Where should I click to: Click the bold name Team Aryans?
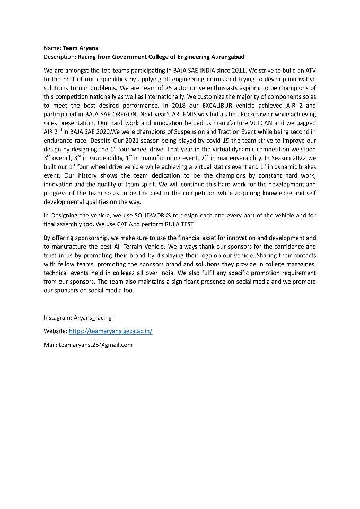point(81,48)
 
